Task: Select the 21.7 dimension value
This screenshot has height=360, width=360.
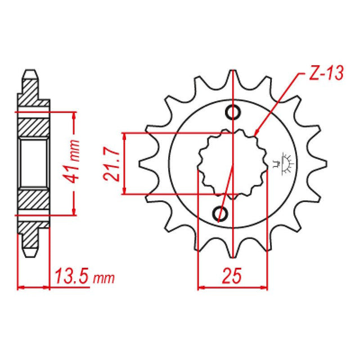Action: (110, 163)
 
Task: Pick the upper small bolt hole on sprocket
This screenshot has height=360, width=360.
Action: (233, 112)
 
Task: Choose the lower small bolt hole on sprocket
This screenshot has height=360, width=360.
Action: (220, 213)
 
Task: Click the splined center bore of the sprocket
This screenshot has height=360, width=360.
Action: (232, 163)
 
